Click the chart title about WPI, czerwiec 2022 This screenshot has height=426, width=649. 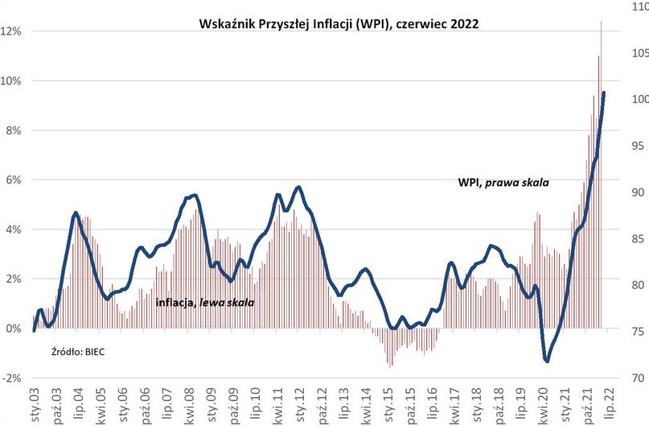click(339, 24)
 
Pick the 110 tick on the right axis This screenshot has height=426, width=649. click(635, 6)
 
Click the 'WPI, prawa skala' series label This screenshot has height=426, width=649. click(503, 184)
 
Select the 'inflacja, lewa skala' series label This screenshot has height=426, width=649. click(205, 304)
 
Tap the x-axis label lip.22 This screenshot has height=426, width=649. click(609, 403)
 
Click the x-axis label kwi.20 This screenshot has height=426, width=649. click(547, 403)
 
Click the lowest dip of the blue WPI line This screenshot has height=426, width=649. click(547, 361)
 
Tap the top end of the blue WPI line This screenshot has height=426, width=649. click(604, 93)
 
